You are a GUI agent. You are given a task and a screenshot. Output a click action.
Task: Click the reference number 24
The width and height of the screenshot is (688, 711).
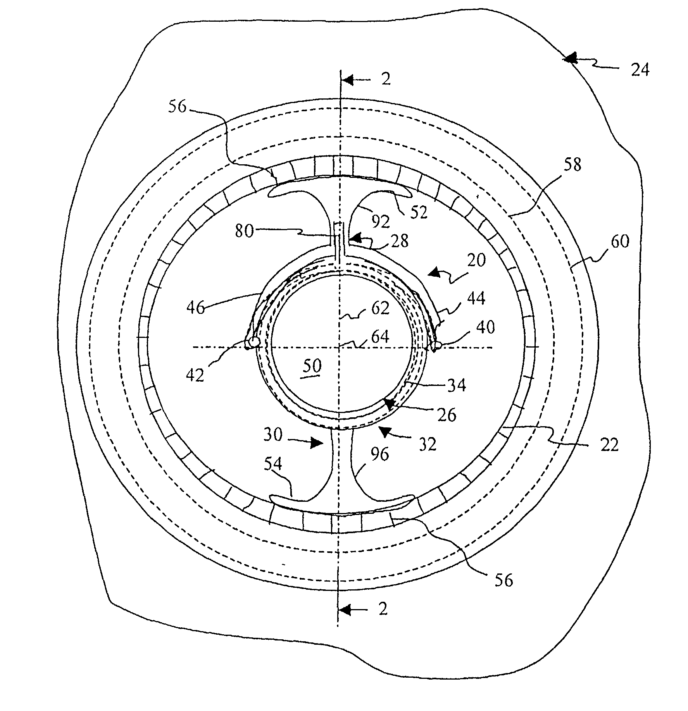(639, 71)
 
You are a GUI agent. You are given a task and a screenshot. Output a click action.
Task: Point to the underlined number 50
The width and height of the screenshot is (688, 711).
(312, 366)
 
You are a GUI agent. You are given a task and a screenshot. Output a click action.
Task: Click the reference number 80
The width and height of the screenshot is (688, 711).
(245, 231)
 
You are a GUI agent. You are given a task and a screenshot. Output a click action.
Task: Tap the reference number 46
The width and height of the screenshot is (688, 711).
(195, 308)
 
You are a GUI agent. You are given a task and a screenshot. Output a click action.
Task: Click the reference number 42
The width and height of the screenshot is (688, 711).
(194, 375)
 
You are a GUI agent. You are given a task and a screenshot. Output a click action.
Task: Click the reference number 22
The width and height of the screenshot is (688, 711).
(609, 446)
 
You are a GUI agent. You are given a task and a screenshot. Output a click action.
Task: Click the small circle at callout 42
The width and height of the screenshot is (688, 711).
(254, 342)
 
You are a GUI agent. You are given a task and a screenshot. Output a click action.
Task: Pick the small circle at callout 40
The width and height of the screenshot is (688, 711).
(436, 344)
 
